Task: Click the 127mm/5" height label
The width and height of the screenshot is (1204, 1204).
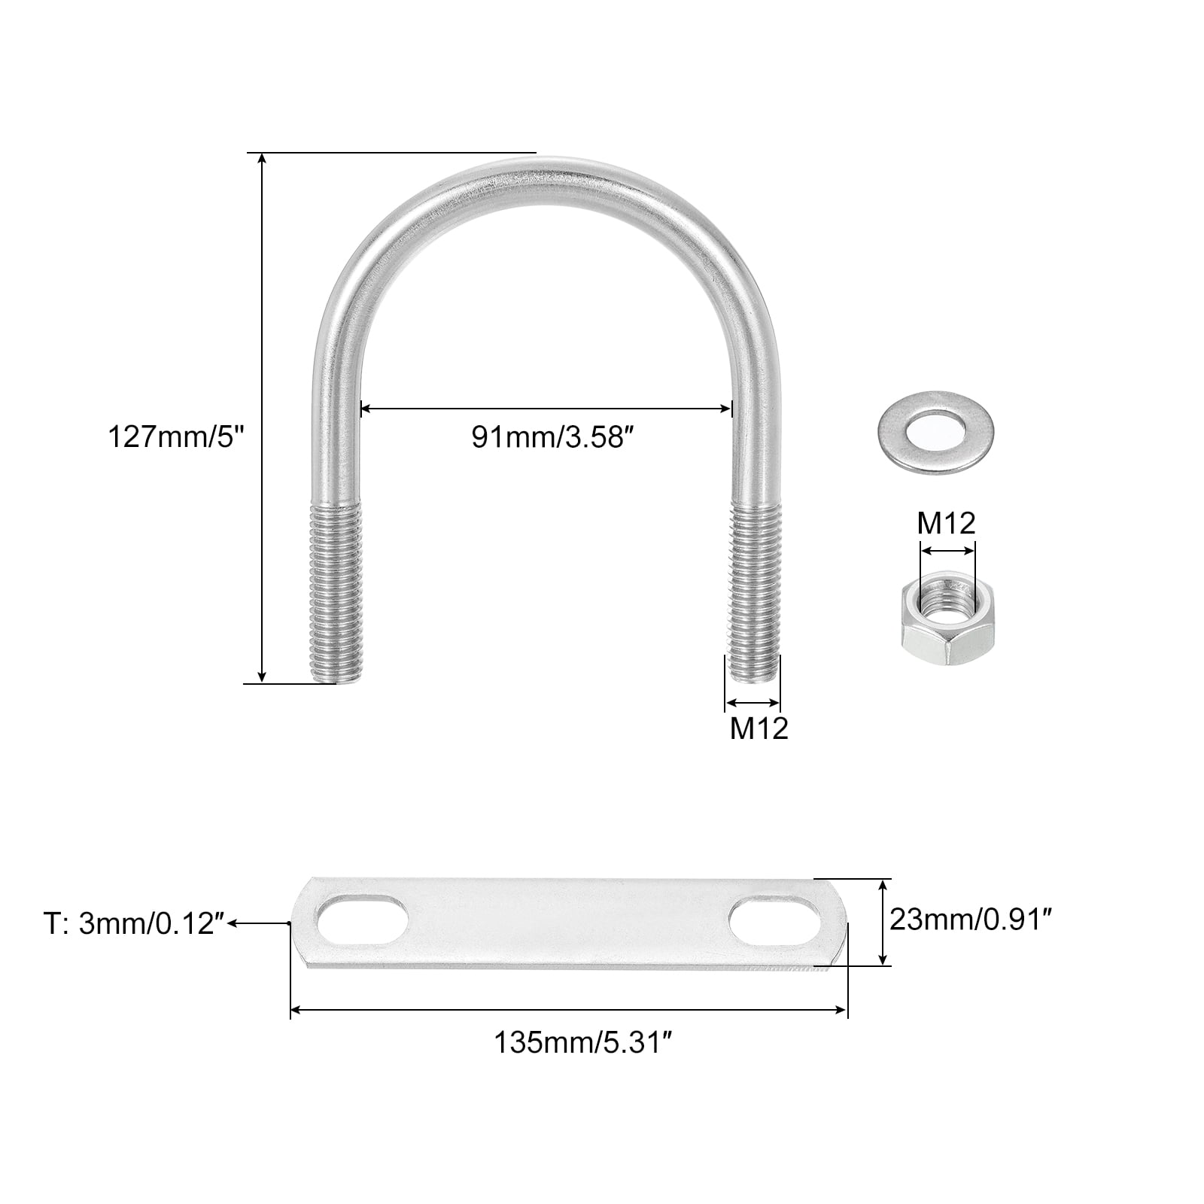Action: [x=178, y=436]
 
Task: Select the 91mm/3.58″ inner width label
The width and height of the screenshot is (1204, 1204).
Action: [x=549, y=437]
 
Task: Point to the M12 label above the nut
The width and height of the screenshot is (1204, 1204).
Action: [x=947, y=523]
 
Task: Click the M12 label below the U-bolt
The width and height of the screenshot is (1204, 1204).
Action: [x=759, y=728]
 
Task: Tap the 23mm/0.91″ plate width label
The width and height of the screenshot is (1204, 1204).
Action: [x=971, y=919]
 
